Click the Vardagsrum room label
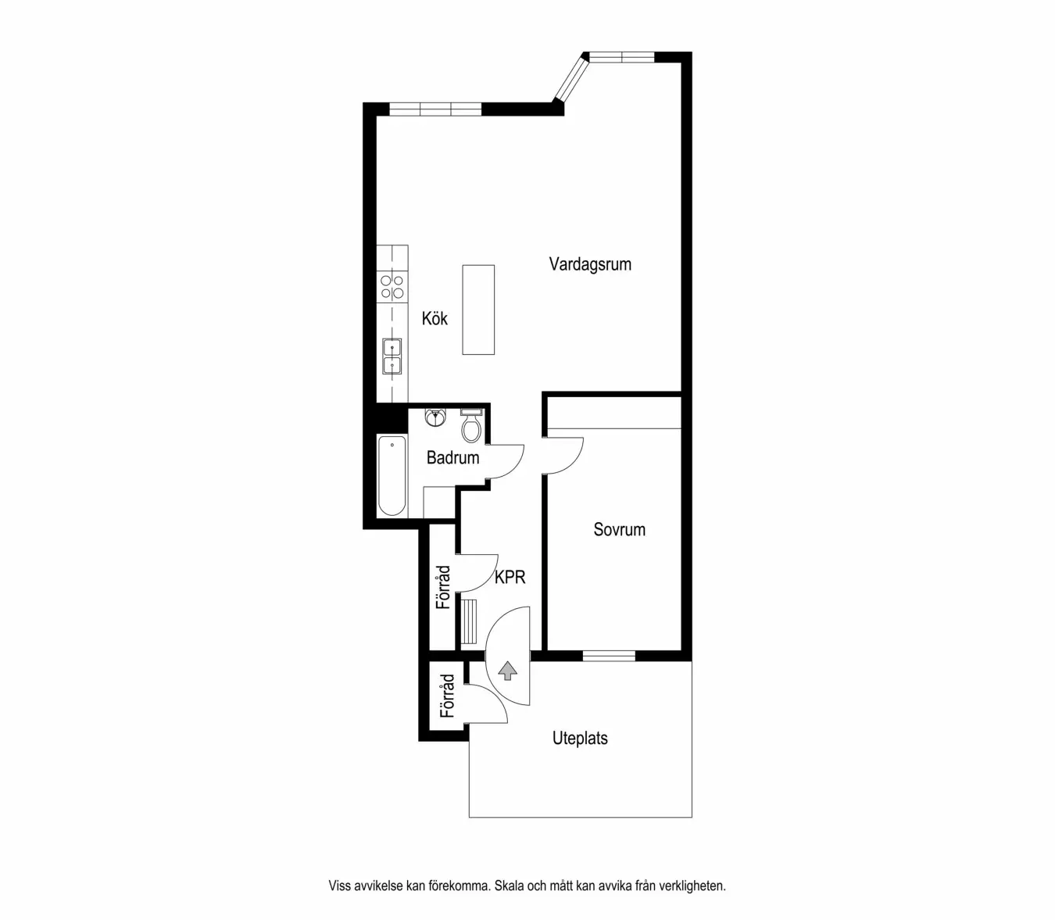coord(590,264)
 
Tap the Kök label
coord(435,318)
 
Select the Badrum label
coord(452,458)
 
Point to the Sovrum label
coord(619,530)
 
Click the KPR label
coord(510,578)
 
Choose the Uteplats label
coord(580,739)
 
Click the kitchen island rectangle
coord(478,310)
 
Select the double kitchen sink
coord(392,356)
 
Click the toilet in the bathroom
coord(470,426)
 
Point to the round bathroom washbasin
coord(435,417)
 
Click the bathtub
coord(392,476)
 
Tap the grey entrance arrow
coord(508,670)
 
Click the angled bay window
coord(570,77)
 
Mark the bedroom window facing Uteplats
coord(609,656)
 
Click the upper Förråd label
coord(443,587)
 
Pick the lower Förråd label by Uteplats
coord(447,696)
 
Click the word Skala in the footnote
coord(509,886)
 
